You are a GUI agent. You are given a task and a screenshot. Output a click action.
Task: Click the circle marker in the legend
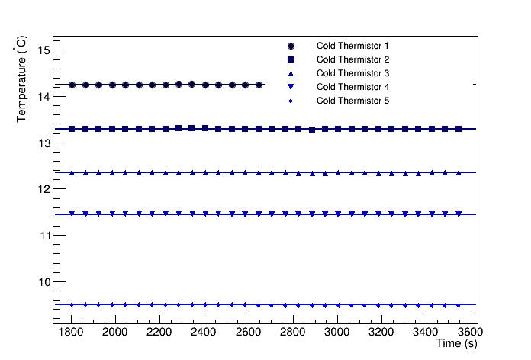(291, 46)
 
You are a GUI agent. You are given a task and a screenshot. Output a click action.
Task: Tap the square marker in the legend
(291, 59)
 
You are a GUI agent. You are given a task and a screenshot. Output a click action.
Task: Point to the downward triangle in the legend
(291, 87)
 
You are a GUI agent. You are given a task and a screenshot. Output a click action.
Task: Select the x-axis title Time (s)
(456, 345)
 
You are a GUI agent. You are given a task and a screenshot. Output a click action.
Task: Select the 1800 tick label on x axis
(70, 333)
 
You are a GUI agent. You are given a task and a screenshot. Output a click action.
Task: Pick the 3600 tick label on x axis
(470, 333)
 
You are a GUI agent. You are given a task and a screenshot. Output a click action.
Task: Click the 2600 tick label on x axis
(248, 333)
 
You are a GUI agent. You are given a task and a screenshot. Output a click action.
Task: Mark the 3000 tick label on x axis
(336, 333)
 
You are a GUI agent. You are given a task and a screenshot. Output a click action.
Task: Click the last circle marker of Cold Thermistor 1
(259, 85)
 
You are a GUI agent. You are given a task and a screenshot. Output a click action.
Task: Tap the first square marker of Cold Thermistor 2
(72, 129)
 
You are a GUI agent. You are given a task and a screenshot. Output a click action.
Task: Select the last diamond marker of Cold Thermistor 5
(459, 304)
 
